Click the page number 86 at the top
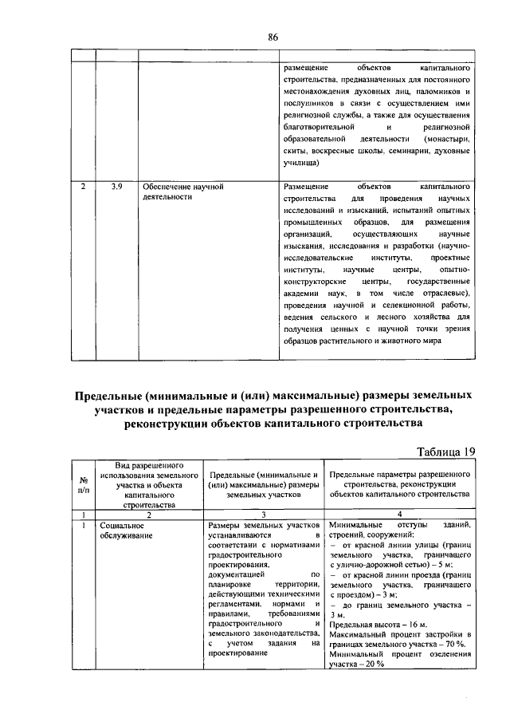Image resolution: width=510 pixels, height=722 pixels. pyautogui.click(x=273, y=37)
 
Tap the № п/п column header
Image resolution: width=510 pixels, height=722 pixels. pyautogui.click(x=84, y=484)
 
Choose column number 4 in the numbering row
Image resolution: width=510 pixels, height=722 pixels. pyautogui.click(x=400, y=515)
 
